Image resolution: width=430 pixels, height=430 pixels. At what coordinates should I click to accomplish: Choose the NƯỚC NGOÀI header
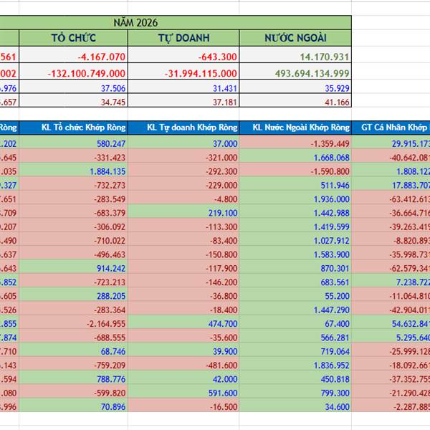[x=295, y=38]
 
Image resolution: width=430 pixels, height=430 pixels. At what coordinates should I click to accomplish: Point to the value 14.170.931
[x=322, y=57]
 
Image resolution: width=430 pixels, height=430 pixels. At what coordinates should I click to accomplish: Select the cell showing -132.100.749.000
[x=87, y=73]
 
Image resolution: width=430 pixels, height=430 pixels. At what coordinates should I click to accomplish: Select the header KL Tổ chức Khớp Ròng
[x=83, y=128]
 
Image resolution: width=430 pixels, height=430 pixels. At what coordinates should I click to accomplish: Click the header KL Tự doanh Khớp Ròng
[x=191, y=128]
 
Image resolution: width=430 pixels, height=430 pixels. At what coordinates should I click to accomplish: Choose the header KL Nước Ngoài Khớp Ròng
[x=301, y=128]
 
